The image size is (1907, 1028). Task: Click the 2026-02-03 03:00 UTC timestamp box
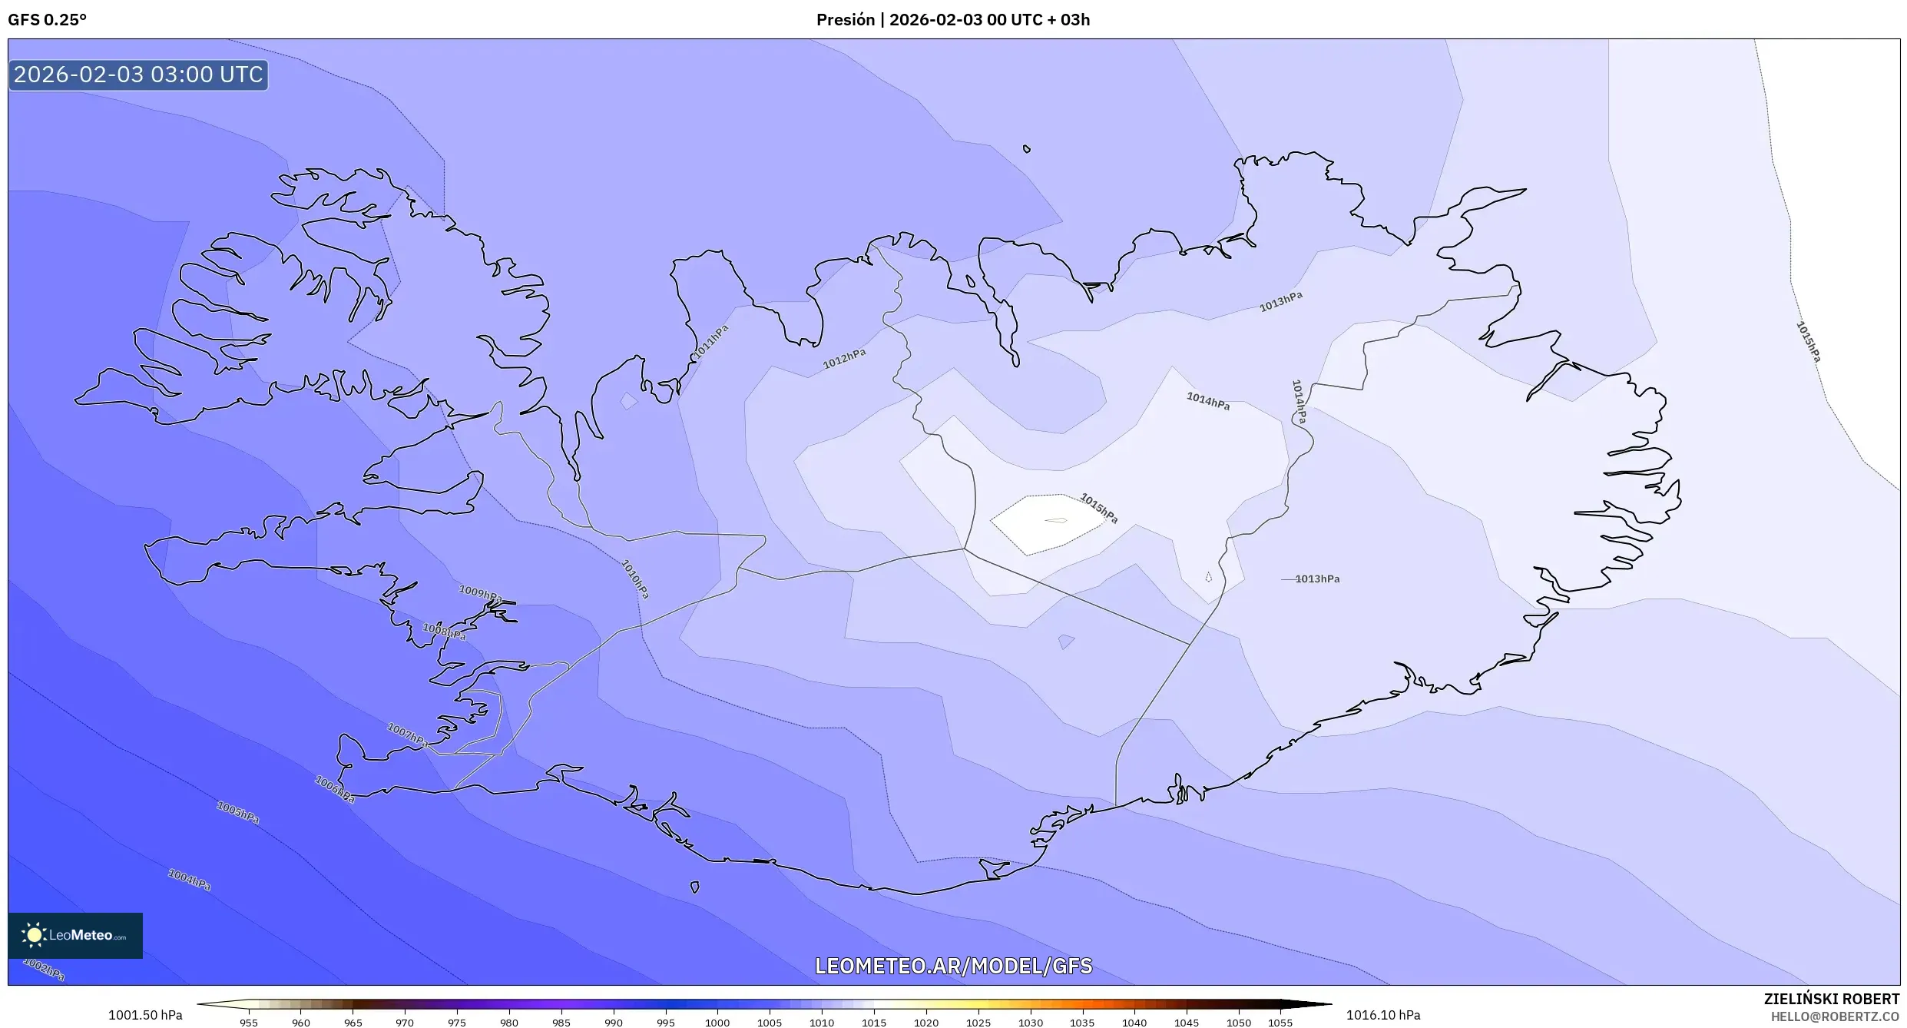coord(138,75)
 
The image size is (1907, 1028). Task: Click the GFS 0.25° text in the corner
coord(47,20)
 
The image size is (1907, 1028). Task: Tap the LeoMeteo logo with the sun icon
coord(74,935)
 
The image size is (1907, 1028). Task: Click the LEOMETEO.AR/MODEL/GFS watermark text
coord(953,966)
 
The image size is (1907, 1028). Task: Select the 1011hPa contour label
coord(711,341)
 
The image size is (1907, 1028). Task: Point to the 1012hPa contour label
coord(844,358)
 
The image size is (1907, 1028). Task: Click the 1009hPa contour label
coord(480,594)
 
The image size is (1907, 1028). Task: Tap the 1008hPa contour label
coord(444,632)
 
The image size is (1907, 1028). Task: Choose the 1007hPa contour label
coord(407,735)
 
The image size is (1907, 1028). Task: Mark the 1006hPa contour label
coord(335,789)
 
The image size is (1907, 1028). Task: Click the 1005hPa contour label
coord(237,812)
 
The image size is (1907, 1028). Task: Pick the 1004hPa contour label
coord(189,879)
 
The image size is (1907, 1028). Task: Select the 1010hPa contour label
coord(635,579)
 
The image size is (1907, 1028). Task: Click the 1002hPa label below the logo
coord(44,970)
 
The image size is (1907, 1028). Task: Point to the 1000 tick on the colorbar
coord(717,1023)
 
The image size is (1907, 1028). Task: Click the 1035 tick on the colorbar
coord(1082,1023)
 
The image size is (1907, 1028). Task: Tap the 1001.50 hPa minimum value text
coord(145,1016)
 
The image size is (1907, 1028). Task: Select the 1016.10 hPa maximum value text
coord(1382,1016)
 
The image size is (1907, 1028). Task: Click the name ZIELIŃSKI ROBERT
coord(1831,999)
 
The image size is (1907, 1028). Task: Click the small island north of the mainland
coord(1027,149)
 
